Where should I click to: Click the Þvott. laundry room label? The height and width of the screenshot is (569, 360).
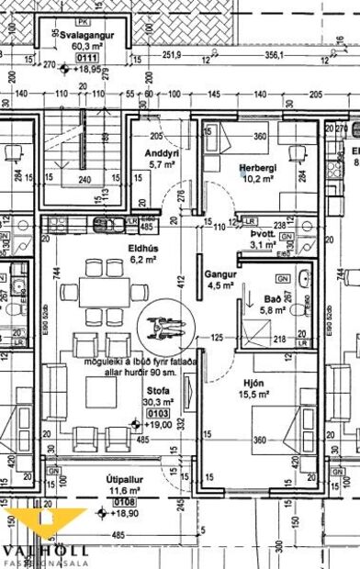click(x=263, y=233)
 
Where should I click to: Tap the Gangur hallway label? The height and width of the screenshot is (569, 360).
click(x=221, y=273)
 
